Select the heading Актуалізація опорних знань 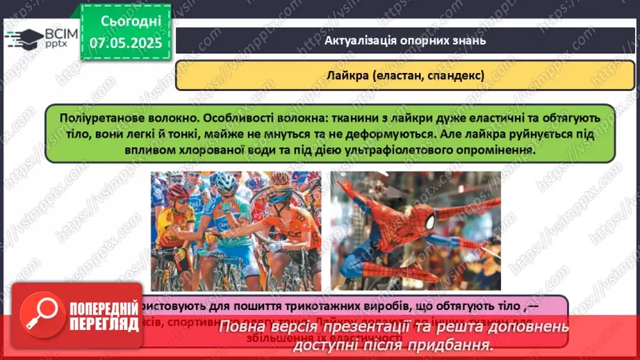(x=404, y=40)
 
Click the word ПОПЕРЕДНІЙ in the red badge (x=104, y=309)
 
